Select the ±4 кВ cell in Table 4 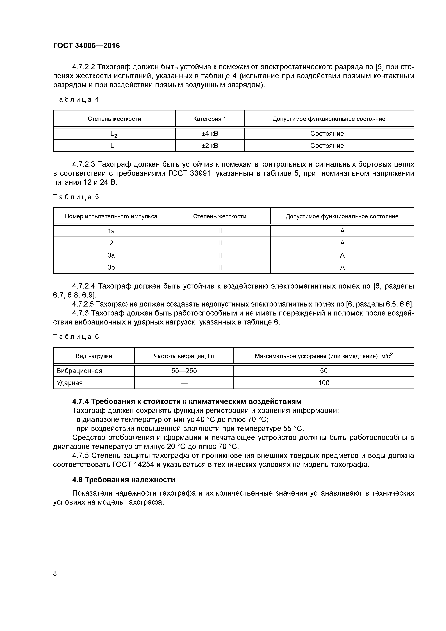click(210, 134)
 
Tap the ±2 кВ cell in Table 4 click(210, 146)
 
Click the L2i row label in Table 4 click(114, 134)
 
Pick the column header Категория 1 click(210, 119)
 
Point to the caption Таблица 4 click(76, 99)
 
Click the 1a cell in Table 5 click(111, 231)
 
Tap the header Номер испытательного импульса click(111, 216)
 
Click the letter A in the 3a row click(342, 255)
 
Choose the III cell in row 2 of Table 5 click(220, 243)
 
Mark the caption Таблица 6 click(76, 337)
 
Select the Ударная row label click(70, 383)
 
